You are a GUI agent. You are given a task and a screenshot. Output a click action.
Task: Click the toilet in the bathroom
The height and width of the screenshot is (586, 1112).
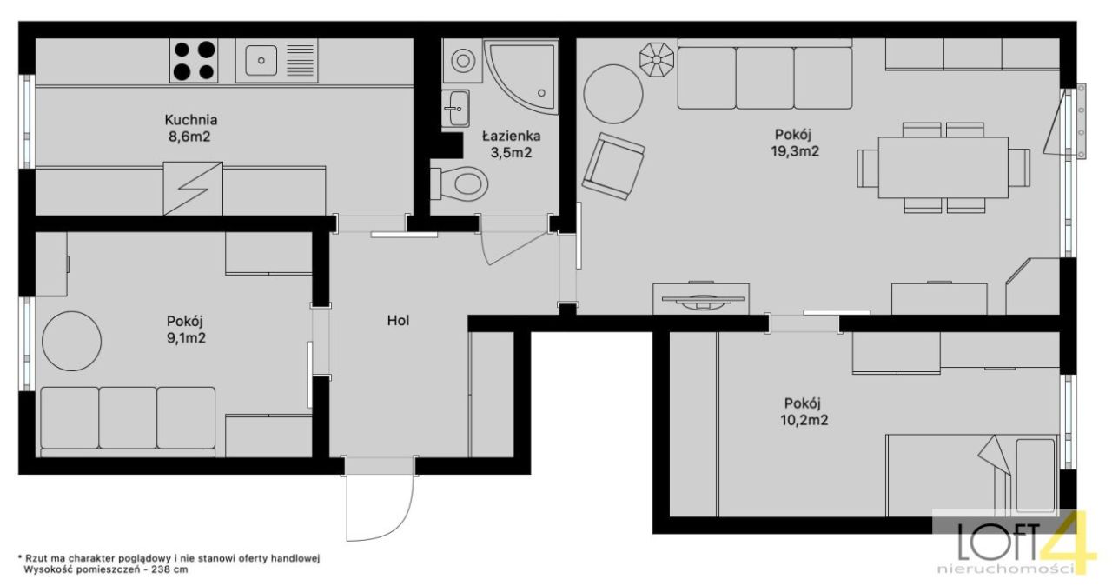pyautogui.click(x=460, y=183)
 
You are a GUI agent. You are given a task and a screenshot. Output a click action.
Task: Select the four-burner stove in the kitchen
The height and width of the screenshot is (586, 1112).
pyautogui.click(x=194, y=61)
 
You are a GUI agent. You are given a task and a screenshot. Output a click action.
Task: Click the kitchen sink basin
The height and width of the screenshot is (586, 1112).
pyautogui.click(x=260, y=61)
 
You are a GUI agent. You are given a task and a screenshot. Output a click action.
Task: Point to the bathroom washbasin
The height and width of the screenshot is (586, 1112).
pyautogui.click(x=455, y=108)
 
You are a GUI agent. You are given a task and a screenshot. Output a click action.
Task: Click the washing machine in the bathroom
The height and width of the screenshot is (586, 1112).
pyautogui.click(x=462, y=61)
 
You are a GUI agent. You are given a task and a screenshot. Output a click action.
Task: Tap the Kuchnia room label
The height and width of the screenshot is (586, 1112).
pyautogui.click(x=191, y=120)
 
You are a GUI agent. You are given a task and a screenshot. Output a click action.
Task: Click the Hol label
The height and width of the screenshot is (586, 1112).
pyautogui.click(x=398, y=320)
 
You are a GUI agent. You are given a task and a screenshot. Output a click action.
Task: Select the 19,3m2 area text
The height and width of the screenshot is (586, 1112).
pyautogui.click(x=795, y=151)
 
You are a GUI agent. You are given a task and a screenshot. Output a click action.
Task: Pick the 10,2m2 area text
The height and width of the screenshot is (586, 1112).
pyautogui.click(x=804, y=420)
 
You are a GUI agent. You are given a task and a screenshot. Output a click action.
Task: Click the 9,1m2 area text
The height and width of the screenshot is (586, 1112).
pyautogui.click(x=186, y=338)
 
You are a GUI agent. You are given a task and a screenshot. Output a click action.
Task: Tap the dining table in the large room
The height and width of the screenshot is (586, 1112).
pyautogui.click(x=943, y=167)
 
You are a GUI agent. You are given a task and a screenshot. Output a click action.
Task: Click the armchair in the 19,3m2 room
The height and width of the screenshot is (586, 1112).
pyautogui.click(x=613, y=166)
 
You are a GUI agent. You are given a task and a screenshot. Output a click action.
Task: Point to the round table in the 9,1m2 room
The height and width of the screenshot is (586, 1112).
pyautogui.click(x=71, y=341)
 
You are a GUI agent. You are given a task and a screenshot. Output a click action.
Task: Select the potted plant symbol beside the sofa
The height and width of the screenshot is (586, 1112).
pyautogui.click(x=656, y=60)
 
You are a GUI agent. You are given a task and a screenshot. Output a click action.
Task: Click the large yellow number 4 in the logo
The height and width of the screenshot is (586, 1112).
pyautogui.click(x=1068, y=542)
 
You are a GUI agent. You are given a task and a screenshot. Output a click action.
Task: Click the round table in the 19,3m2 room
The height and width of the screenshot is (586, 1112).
pyautogui.click(x=613, y=94)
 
